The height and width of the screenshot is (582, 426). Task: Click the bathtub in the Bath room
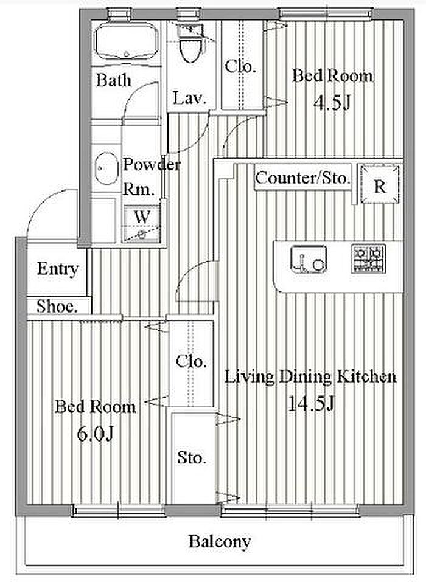tap(125, 41)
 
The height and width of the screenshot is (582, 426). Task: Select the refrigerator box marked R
tap(380, 184)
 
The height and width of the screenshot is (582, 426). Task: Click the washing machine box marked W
tap(142, 224)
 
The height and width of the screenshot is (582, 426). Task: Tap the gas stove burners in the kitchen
tap(368, 258)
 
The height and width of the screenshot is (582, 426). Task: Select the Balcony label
tap(220, 541)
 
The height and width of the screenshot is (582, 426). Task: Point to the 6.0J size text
tap(95, 433)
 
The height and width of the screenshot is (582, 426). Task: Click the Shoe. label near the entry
tap(57, 307)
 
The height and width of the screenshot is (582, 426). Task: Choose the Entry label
tap(58, 269)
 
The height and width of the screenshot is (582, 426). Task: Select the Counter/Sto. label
tap(302, 179)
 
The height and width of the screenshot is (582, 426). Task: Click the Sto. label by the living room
tap(191, 457)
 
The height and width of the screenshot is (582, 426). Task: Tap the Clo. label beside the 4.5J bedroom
tap(240, 66)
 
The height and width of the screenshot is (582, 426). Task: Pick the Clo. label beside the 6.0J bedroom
tap(191, 361)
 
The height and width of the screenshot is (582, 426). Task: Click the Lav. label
tap(189, 99)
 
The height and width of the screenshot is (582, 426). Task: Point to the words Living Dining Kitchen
tap(311, 376)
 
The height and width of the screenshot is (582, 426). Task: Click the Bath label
tap(114, 80)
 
